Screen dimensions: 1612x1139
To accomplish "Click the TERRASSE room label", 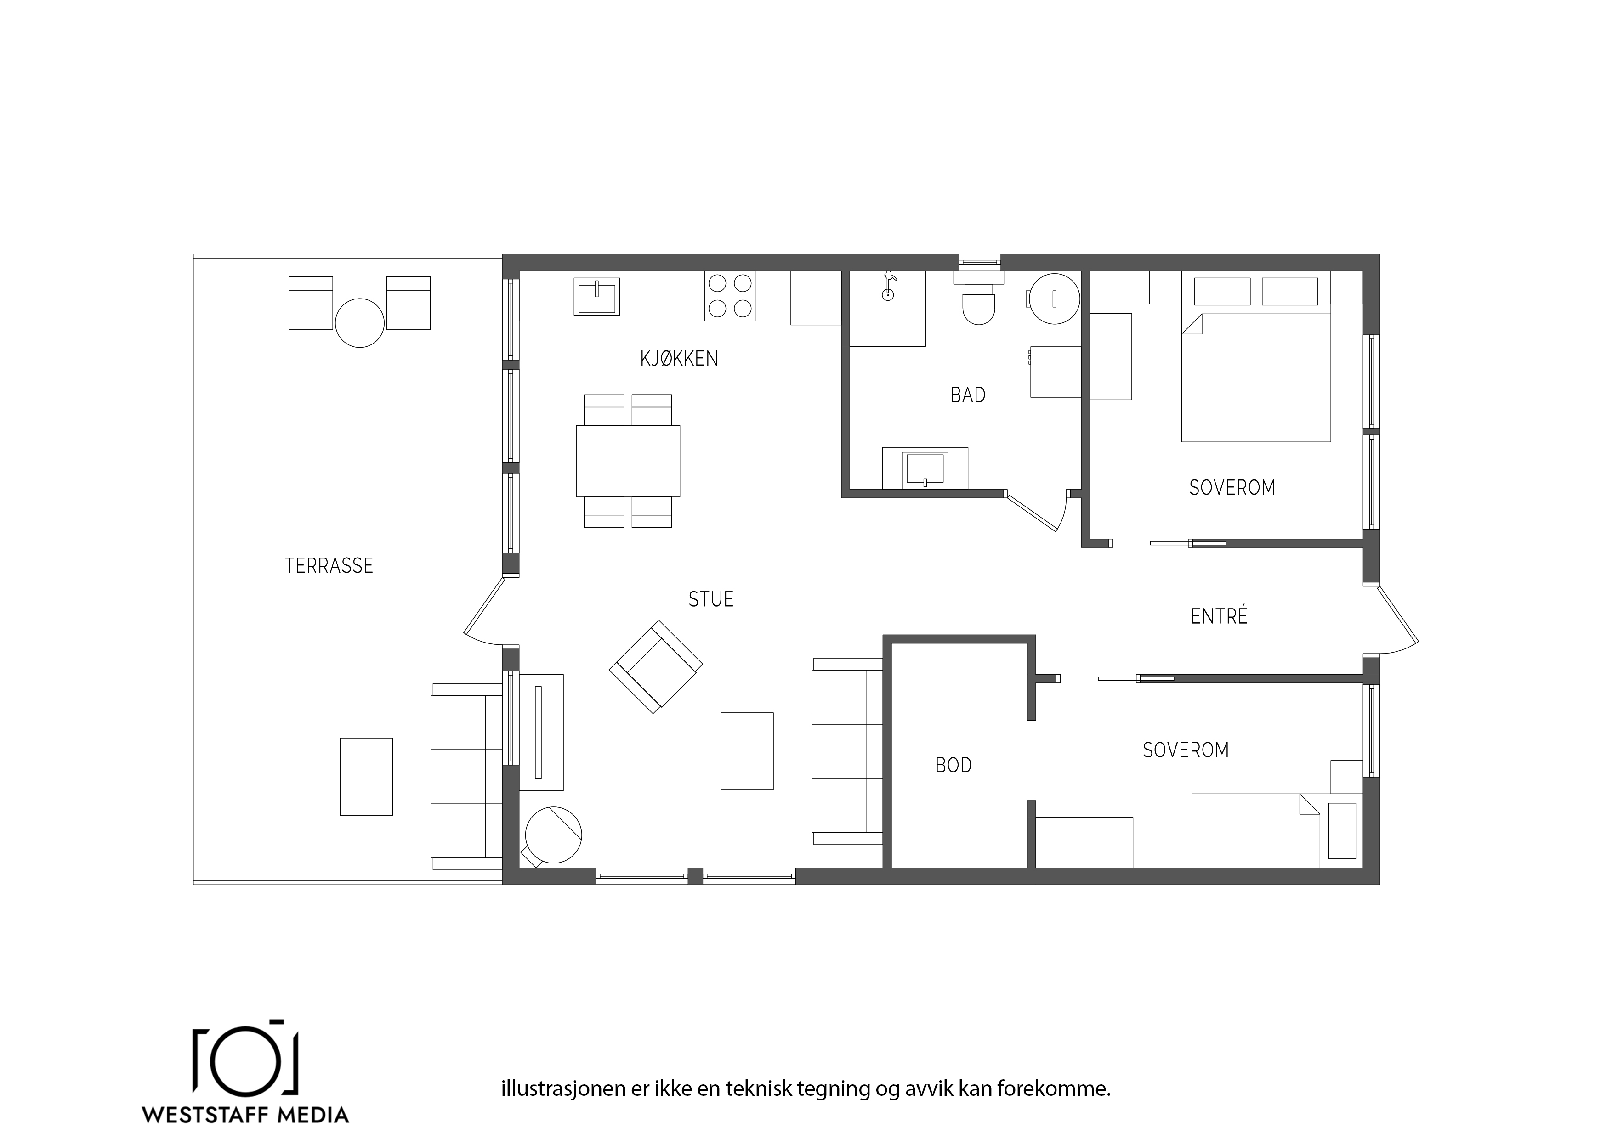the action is click(x=329, y=566).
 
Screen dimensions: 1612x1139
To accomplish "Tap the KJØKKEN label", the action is click(x=679, y=359).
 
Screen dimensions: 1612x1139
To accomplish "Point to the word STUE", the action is click(x=710, y=599).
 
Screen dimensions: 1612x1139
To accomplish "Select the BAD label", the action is click(x=967, y=395).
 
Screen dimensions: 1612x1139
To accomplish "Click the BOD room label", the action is click(x=954, y=765).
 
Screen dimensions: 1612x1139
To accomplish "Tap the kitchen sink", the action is click(x=597, y=296).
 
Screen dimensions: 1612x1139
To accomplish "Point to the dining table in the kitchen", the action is click(x=628, y=460).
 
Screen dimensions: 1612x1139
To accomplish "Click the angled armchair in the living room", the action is click(x=656, y=667).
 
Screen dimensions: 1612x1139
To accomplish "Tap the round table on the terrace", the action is click(x=359, y=323).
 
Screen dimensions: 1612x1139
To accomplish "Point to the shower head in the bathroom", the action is click(x=889, y=284).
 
